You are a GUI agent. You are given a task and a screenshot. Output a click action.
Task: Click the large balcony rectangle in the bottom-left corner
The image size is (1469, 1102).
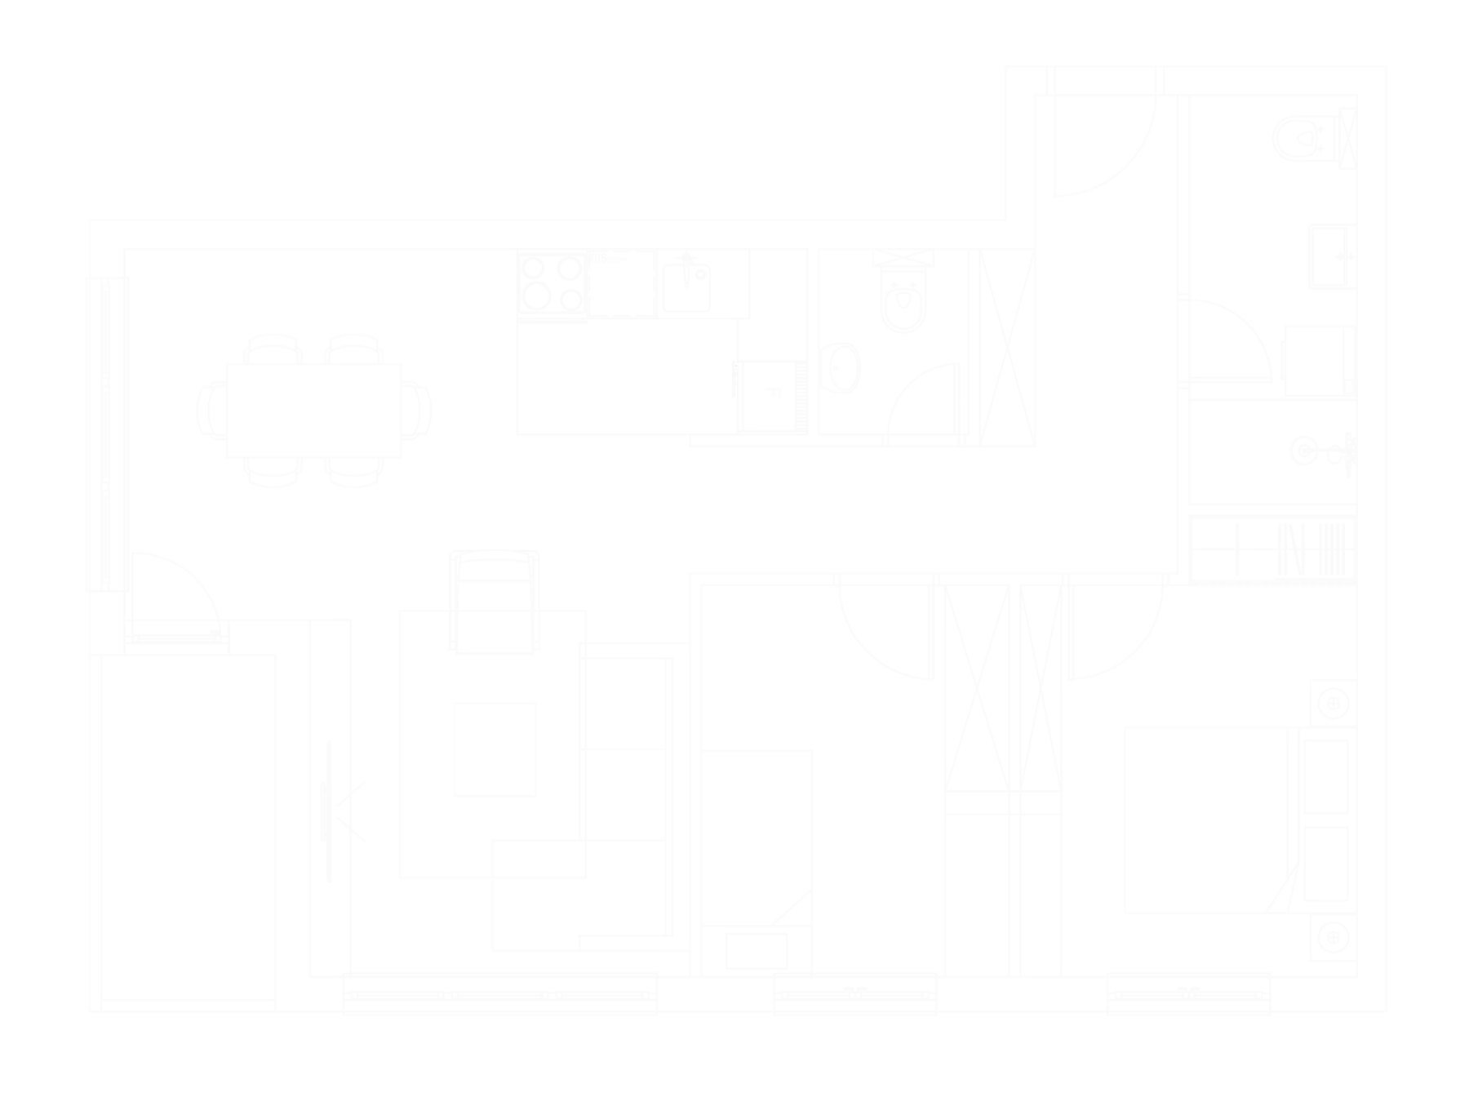click(x=185, y=824)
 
